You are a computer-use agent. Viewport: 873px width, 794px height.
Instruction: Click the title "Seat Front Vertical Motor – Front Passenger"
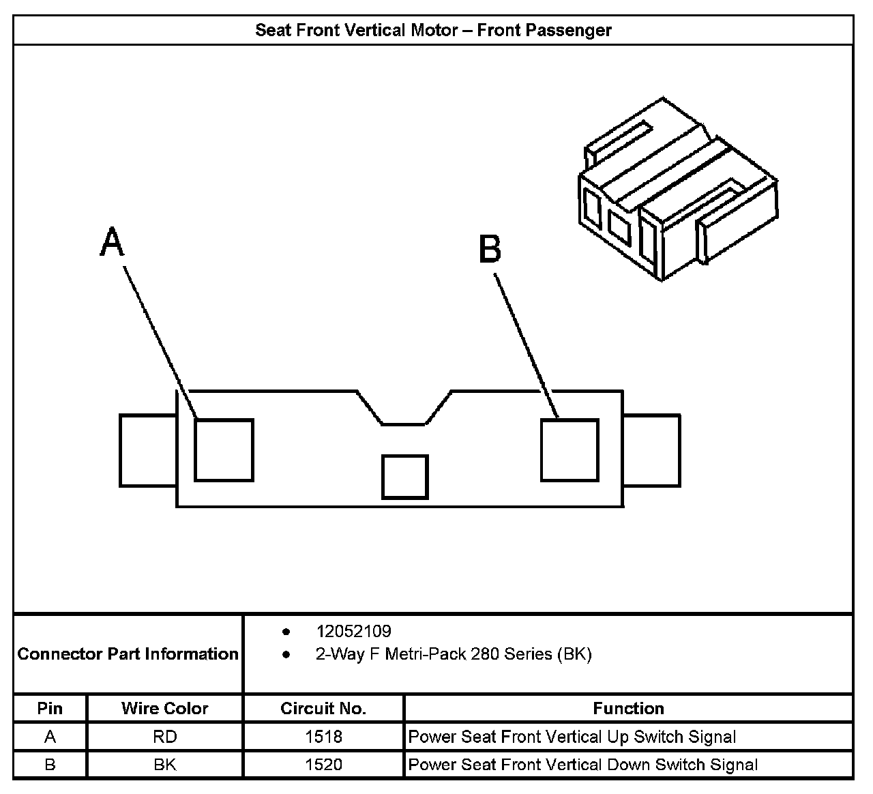(x=433, y=31)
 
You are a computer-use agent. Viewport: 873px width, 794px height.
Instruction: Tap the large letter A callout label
(x=113, y=243)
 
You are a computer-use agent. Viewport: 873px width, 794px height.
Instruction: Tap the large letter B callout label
(x=490, y=249)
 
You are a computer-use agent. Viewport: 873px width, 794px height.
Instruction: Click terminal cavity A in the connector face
(x=224, y=450)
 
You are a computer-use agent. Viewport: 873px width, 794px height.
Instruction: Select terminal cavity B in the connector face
(x=569, y=450)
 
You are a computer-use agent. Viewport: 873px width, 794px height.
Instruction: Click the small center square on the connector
(x=404, y=477)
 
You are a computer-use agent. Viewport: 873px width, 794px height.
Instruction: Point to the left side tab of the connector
(x=148, y=450)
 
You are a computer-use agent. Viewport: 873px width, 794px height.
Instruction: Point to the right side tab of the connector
(x=652, y=450)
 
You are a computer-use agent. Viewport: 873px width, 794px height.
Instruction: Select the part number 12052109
(x=353, y=632)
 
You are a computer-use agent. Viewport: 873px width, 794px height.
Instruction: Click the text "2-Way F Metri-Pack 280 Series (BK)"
(x=454, y=655)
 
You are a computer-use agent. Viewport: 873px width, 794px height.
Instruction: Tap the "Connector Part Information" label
(x=128, y=654)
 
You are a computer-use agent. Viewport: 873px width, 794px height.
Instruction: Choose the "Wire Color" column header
(x=164, y=709)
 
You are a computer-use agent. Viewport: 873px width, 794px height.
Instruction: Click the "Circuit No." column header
(x=323, y=709)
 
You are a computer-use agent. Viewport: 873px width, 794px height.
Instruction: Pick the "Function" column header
(x=628, y=709)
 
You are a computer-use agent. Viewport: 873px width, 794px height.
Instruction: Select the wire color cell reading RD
(x=164, y=737)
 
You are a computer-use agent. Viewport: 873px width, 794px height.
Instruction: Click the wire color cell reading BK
(x=164, y=765)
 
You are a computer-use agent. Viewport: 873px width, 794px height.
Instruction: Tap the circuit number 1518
(x=323, y=737)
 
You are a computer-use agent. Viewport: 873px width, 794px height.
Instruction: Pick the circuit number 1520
(x=323, y=765)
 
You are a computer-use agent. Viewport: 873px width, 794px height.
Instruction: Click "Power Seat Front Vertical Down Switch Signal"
(x=583, y=765)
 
